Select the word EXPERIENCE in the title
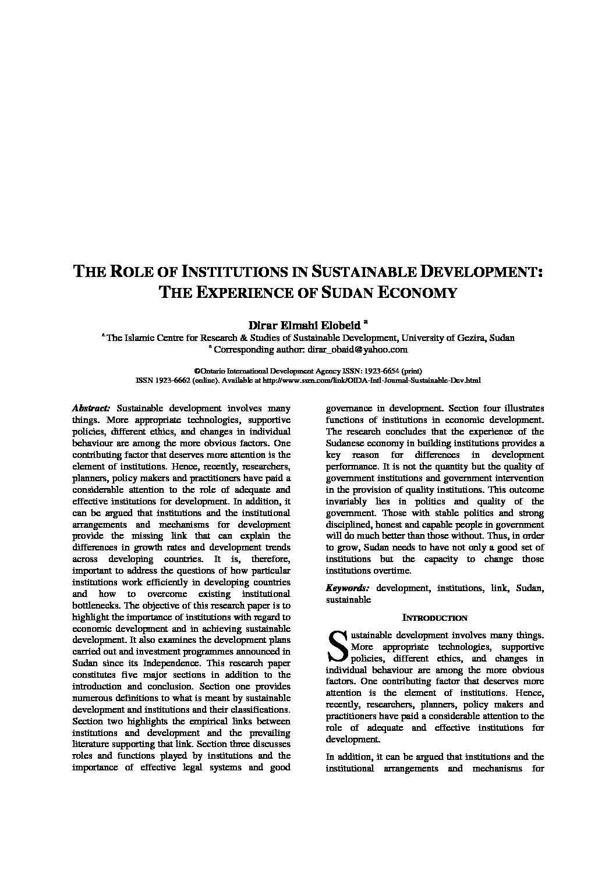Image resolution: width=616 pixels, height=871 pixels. (242, 292)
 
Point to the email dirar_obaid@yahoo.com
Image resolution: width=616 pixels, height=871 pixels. (356, 350)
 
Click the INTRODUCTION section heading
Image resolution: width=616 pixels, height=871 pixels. (435, 618)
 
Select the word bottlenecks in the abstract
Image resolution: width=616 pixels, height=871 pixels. (94, 606)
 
